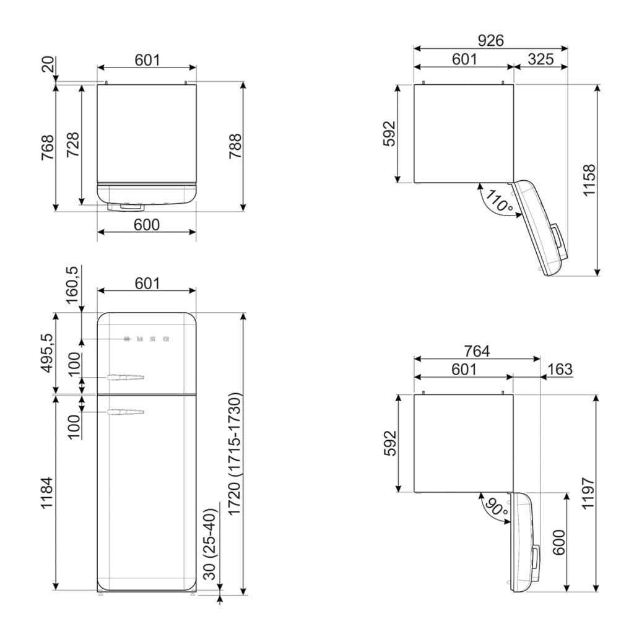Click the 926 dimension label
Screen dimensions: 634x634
click(490, 40)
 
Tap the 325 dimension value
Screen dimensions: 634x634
click(540, 59)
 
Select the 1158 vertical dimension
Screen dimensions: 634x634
click(589, 180)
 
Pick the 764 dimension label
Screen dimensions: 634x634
click(477, 351)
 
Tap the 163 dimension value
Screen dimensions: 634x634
click(560, 369)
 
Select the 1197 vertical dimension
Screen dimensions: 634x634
click(588, 493)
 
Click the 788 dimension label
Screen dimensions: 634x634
click(235, 145)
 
